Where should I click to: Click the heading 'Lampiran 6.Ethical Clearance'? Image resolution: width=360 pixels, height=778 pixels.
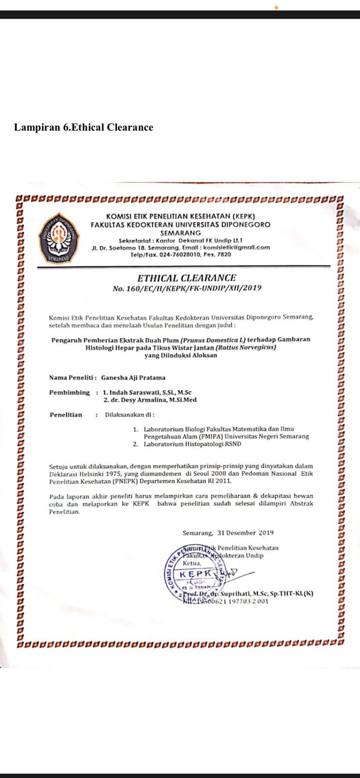pos(84,127)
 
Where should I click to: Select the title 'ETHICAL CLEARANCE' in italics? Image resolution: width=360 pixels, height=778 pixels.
pos(186,278)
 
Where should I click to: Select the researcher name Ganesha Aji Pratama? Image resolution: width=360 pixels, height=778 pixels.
pos(133,377)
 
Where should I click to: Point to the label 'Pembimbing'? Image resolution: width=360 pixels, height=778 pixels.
pos(70,392)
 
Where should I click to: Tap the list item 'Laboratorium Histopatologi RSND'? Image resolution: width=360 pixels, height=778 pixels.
pos(192,444)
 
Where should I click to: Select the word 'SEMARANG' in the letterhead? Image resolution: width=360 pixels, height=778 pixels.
pos(180,233)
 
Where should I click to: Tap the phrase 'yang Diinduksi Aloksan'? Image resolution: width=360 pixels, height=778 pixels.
pos(180,355)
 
